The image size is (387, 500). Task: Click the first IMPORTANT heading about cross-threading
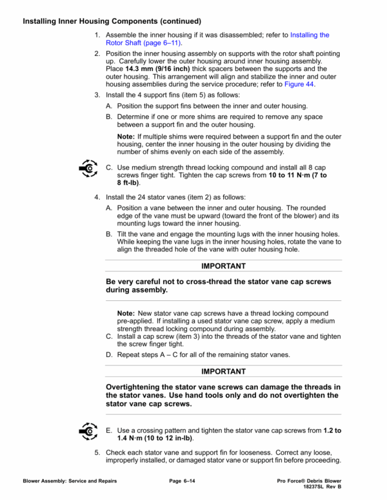tap(223, 265)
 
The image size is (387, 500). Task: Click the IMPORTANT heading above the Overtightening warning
tap(223, 372)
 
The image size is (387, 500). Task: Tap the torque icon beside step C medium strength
tap(86, 169)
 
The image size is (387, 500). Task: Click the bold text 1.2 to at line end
tap(331, 429)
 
